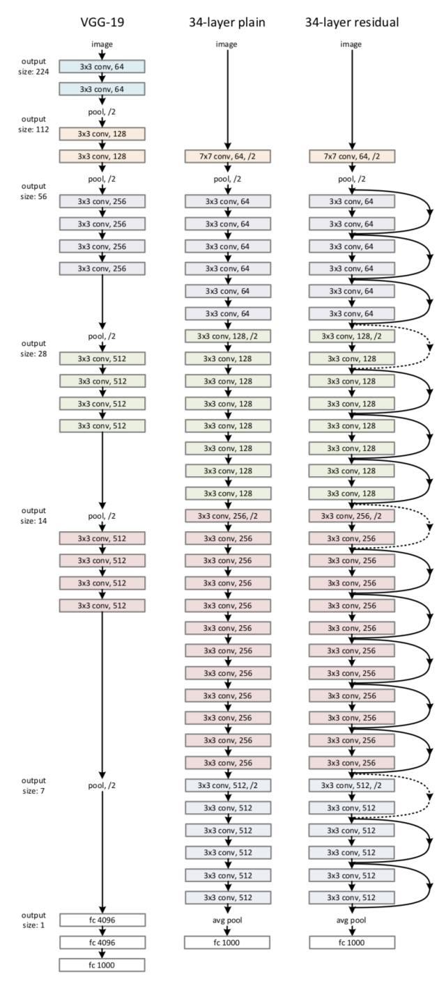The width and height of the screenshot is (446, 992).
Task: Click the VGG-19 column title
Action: coord(102,22)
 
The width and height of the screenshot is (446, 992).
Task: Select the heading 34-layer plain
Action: coord(226,22)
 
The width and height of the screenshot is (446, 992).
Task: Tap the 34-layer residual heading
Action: coord(351,22)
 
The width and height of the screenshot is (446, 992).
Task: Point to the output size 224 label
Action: coord(33,66)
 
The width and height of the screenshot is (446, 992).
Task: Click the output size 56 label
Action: coord(33,191)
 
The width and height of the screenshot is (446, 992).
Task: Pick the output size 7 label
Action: coord(33,785)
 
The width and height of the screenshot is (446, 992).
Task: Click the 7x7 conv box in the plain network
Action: coord(226,157)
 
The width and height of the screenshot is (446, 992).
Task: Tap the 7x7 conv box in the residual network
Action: coord(351,157)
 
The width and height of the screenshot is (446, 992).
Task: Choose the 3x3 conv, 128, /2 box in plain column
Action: coord(226,336)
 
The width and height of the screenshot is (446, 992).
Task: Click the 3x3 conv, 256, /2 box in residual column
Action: coord(351,516)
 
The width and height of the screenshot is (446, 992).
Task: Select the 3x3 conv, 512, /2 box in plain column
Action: coord(226,785)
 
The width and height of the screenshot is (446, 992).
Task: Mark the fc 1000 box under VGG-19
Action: coord(102,965)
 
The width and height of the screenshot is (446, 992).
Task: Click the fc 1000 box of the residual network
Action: coord(351,943)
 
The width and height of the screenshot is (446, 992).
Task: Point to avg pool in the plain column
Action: coord(226,920)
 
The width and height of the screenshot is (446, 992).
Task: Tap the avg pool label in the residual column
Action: coord(351,920)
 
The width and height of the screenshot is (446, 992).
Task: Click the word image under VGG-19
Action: coord(102,45)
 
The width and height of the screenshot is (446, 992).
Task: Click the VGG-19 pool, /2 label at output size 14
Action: coord(102,516)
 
